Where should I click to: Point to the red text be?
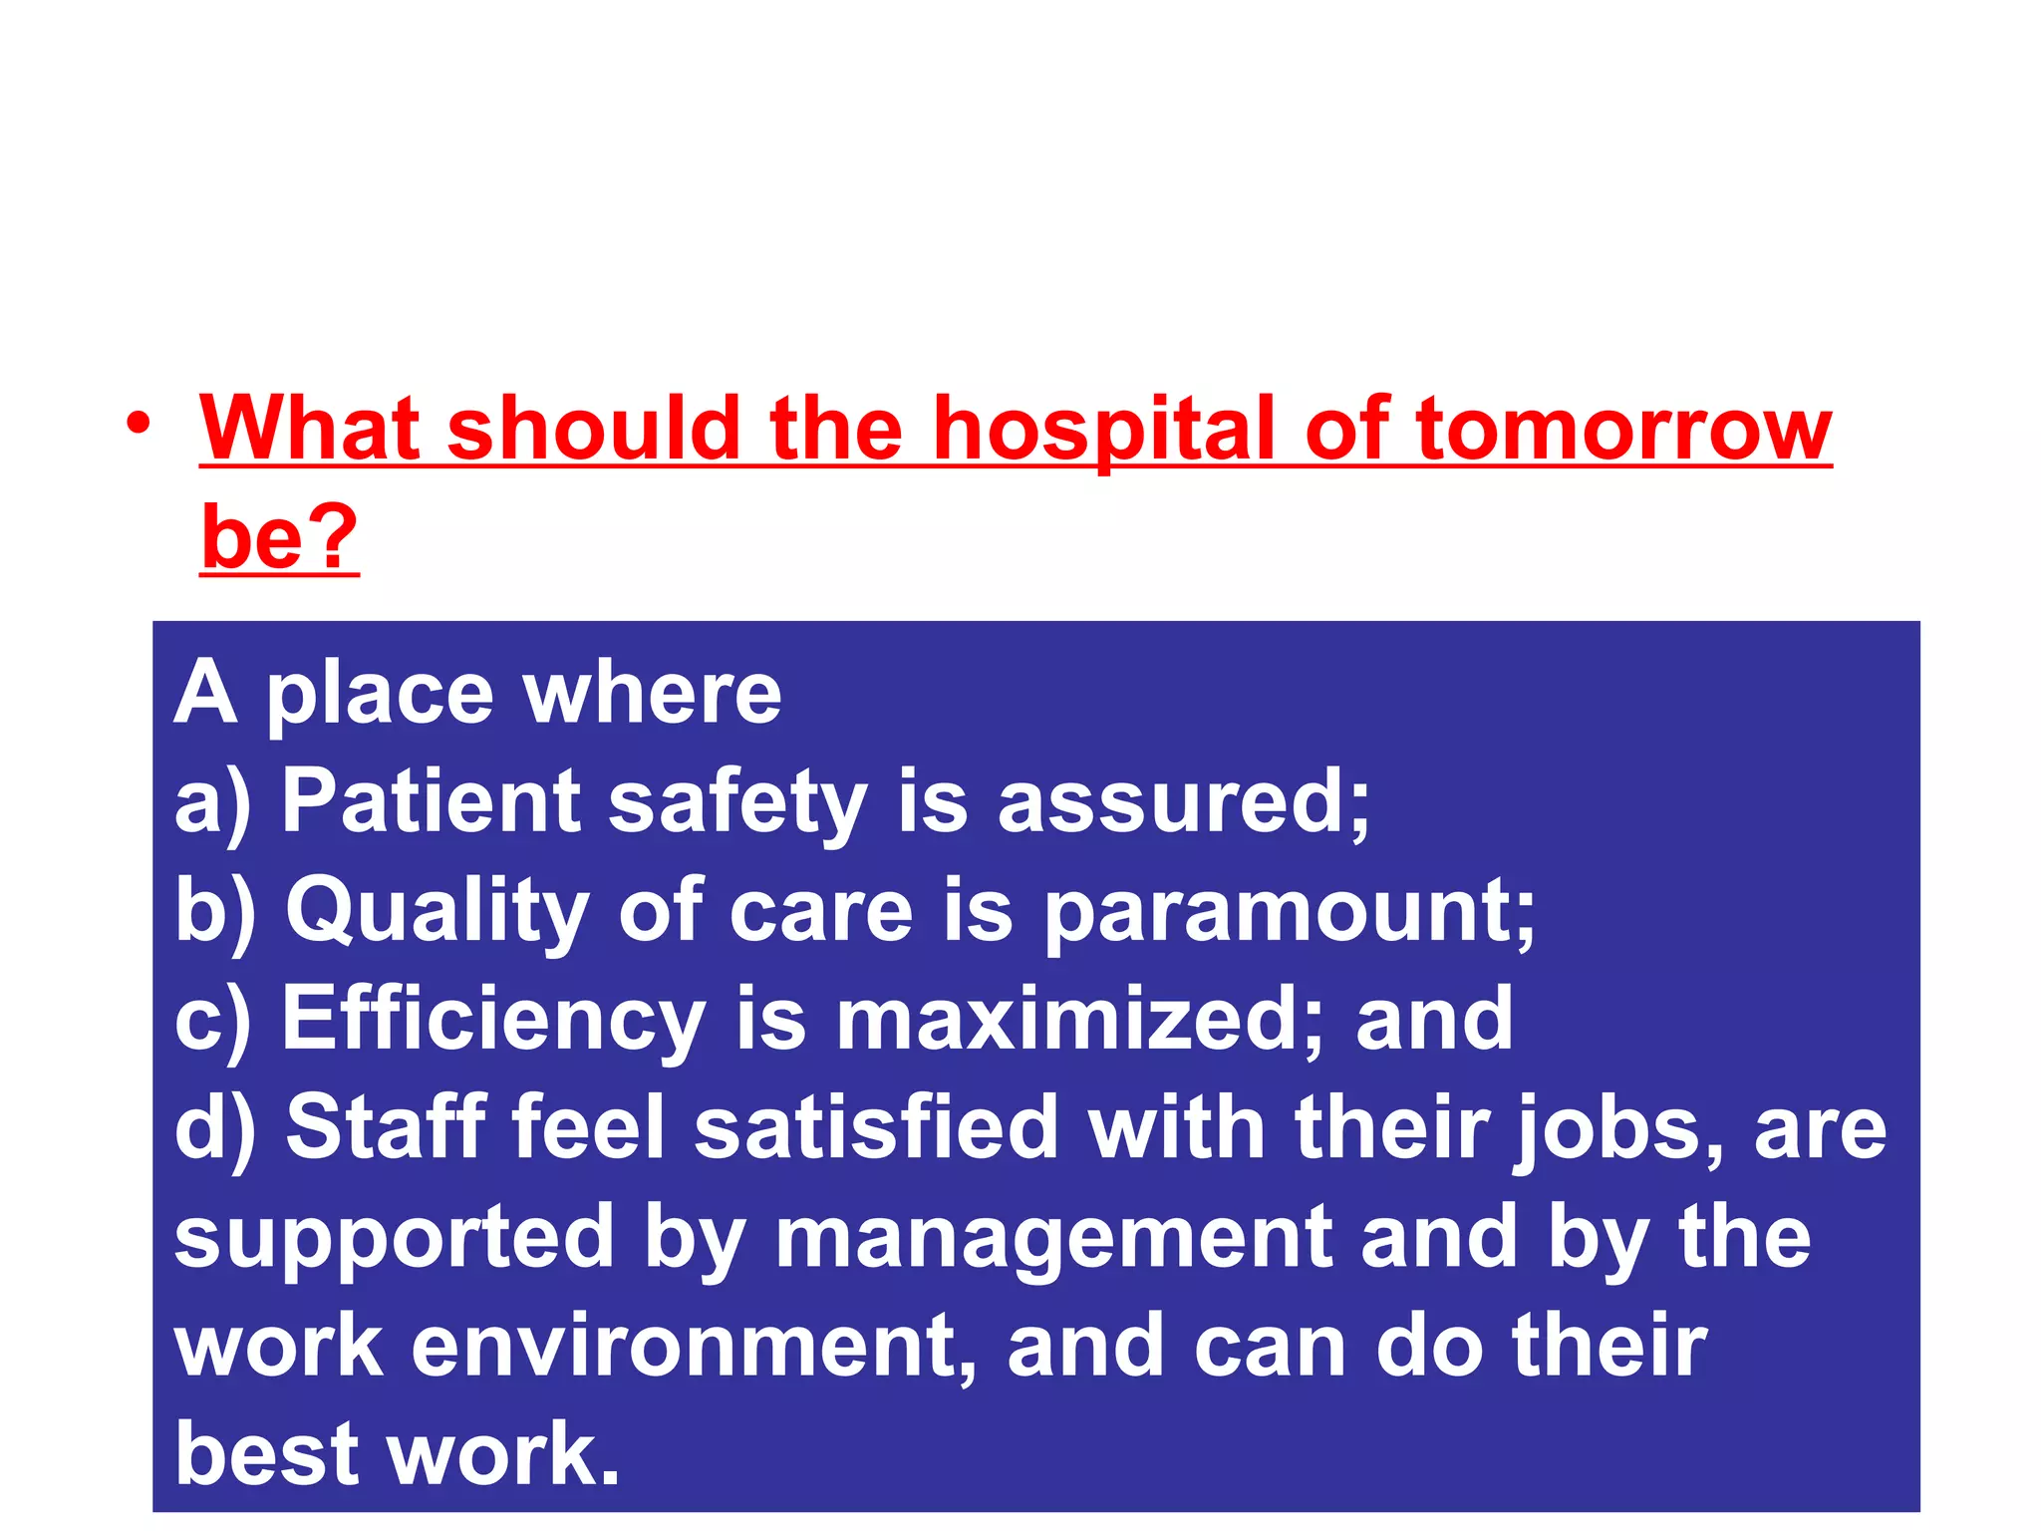(x=279, y=537)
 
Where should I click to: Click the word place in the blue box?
(x=380, y=695)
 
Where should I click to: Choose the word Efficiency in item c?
(x=494, y=1019)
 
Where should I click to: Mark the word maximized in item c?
(x=1065, y=1019)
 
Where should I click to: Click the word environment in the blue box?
(x=678, y=1346)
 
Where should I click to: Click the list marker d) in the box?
(x=214, y=1129)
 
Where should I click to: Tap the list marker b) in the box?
(x=214, y=911)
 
